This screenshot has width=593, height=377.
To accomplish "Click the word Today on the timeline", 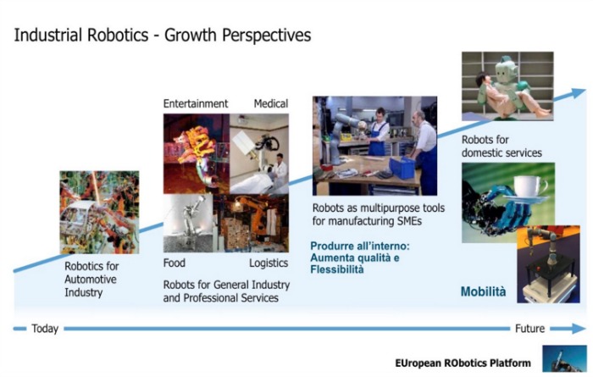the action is click(45, 329).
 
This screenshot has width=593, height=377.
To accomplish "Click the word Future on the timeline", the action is click(529, 328).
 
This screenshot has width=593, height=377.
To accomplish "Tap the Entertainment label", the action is click(196, 103).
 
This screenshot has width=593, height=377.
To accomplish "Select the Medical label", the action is click(271, 103).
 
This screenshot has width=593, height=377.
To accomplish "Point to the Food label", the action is click(175, 263).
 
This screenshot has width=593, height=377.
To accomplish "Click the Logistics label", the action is click(269, 263).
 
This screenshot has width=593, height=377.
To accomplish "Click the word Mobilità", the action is click(483, 291).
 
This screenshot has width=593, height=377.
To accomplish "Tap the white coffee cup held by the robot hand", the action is click(529, 186).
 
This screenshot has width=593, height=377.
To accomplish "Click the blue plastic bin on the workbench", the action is click(402, 168).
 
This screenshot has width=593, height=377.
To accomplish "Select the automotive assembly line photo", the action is click(99, 212).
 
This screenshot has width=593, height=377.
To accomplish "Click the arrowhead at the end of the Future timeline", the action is click(579, 328).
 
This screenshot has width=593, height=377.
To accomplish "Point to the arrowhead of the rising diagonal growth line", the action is click(579, 92).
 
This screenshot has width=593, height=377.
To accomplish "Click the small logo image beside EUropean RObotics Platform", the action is click(559, 358).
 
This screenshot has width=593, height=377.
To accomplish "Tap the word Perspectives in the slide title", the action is click(267, 36).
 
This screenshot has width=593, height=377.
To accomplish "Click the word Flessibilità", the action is click(337, 269).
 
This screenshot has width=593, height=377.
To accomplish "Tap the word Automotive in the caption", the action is click(91, 280).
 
